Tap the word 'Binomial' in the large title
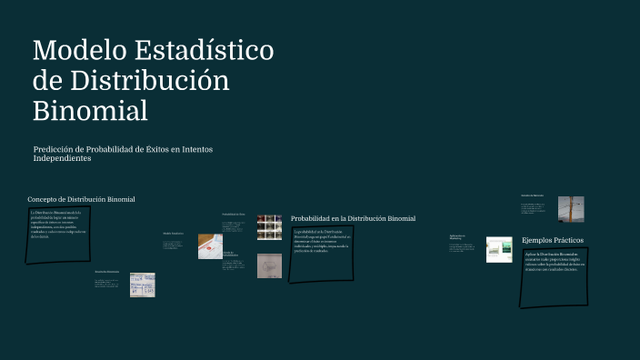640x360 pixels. [90, 110]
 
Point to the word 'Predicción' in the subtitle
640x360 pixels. [56, 149]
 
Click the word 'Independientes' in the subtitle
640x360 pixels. [62, 158]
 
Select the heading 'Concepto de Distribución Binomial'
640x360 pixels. [81, 199]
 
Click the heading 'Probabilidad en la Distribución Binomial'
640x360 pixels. [353, 219]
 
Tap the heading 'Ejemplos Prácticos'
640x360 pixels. [553, 240]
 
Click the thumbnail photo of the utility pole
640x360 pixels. [571, 209]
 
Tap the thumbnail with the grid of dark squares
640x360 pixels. [269, 226]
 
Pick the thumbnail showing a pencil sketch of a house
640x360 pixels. [269, 265]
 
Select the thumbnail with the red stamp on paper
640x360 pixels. [210, 246]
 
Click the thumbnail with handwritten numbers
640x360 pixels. [142, 285]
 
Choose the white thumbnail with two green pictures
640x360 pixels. [499, 249]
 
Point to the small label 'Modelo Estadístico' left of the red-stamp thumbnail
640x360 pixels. [173, 234]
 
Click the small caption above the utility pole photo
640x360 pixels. [532, 195]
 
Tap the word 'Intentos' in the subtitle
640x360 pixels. [197, 149]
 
